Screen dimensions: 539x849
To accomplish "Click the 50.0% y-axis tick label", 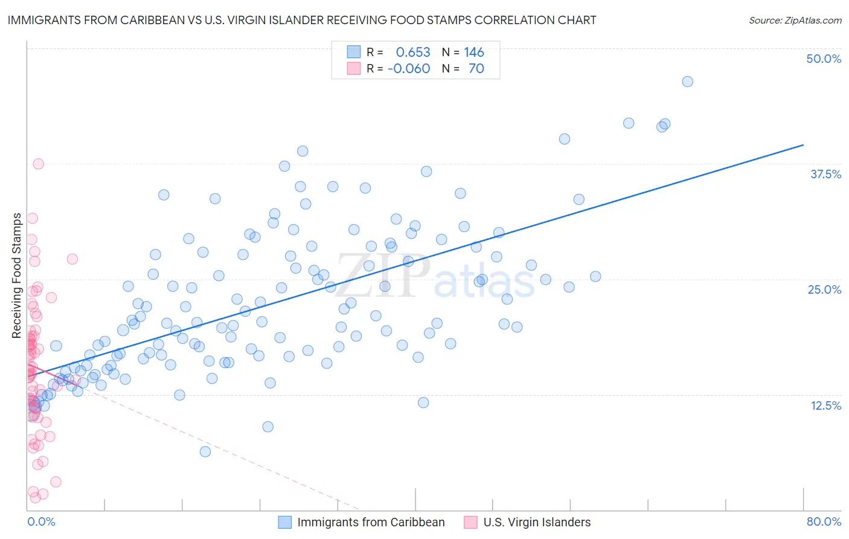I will (x=824, y=59).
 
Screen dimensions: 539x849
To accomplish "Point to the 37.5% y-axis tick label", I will (x=825, y=174).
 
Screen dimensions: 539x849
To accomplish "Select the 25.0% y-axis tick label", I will (x=824, y=289).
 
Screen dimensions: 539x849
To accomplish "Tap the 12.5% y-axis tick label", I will (x=825, y=405).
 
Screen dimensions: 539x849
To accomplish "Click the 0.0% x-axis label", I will (x=41, y=521).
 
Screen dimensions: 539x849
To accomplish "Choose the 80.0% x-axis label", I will (x=824, y=521).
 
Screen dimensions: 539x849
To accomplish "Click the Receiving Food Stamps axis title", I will (x=17, y=276).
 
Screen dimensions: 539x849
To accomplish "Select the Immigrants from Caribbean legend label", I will (x=371, y=522).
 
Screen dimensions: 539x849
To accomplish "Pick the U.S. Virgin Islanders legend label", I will (x=537, y=522).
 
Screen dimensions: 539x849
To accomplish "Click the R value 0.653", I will (x=413, y=52).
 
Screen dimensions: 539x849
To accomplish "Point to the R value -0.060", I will (x=409, y=68).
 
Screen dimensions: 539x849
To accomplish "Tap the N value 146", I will (x=474, y=52).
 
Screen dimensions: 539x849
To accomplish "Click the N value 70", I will (x=476, y=68).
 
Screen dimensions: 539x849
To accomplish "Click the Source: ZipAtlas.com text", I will (x=795, y=20).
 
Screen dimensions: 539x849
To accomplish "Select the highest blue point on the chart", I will (x=687, y=82).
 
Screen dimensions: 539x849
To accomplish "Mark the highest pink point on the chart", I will (x=38, y=164).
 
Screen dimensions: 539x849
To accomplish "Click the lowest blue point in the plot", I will (x=205, y=451).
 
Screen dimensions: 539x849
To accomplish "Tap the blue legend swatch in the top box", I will (x=353, y=52).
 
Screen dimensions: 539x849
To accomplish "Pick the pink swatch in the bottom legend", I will (x=470, y=522).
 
